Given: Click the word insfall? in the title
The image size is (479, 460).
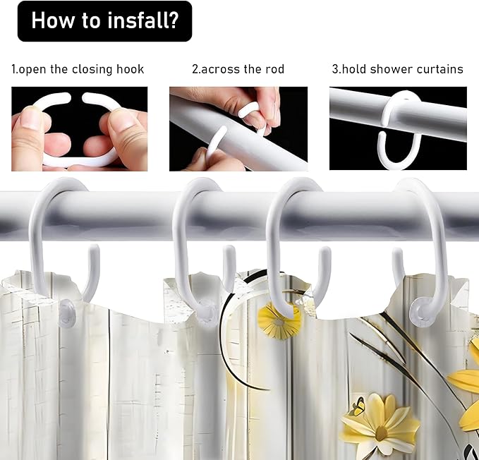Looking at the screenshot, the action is coord(143,20).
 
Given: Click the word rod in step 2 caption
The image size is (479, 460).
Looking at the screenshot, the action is coord(274,69).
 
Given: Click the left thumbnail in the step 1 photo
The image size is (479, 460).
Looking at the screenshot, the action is coord(31,116).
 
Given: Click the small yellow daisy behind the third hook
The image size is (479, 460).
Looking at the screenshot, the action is coord(279,321).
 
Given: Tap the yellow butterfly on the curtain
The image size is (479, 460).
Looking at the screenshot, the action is coord(358,407).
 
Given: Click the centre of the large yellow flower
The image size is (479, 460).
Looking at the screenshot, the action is coord(382,432).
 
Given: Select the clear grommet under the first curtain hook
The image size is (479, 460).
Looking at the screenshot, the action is coord(67,313).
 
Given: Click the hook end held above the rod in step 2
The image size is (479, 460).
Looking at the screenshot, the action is coord(248,111).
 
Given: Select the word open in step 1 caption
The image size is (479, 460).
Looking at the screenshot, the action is coord(33,70).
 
